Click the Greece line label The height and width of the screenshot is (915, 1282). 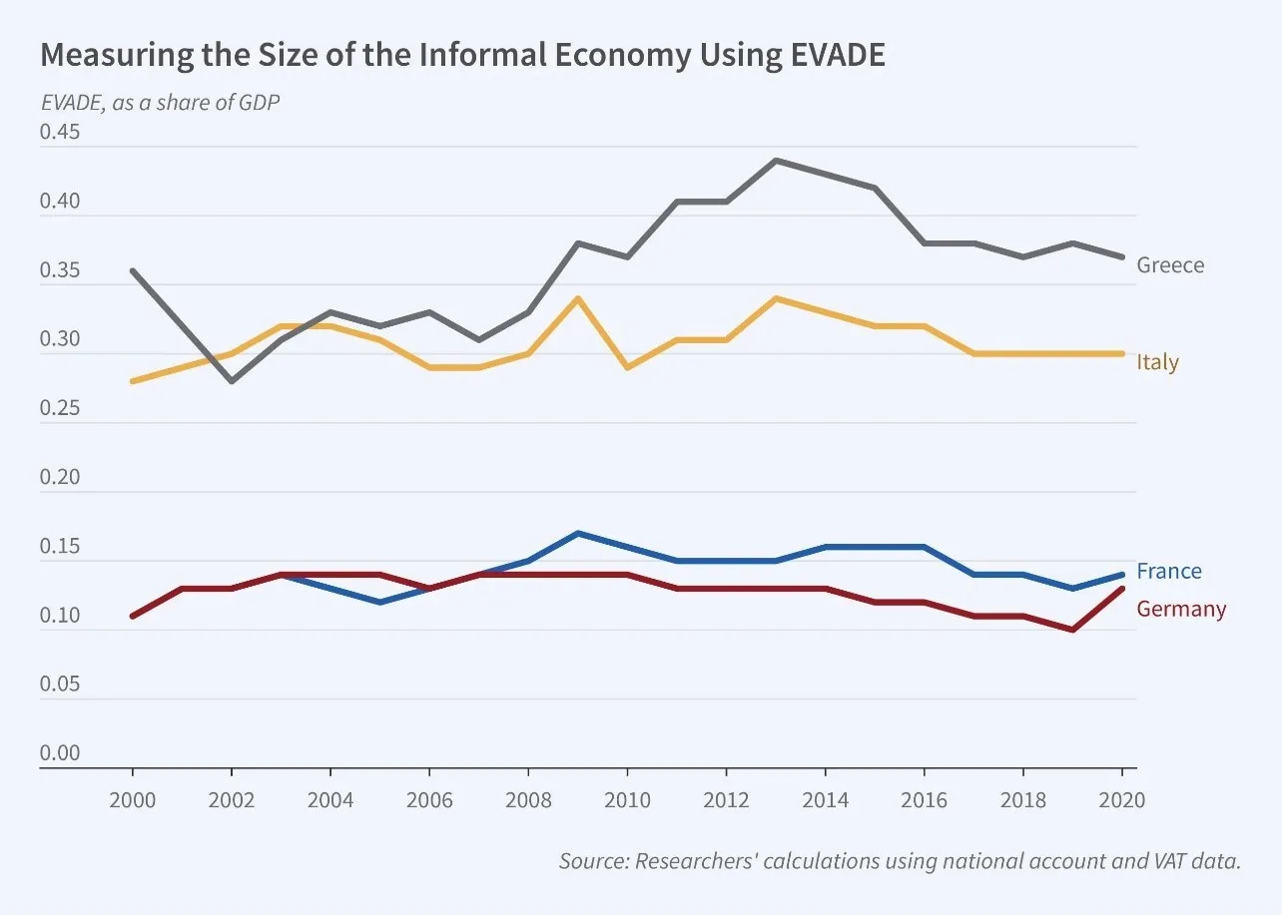click(x=1170, y=265)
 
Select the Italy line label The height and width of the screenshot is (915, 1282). click(x=1157, y=362)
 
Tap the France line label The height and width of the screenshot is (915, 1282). click(x=1168, y=572)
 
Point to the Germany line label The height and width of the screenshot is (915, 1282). click(x=1181, y=609)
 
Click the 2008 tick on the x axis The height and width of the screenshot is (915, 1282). click(x=527, y=800)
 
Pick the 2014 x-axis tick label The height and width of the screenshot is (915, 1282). click(x=825, y=800)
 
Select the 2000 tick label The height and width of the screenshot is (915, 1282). click(x=132, y=800)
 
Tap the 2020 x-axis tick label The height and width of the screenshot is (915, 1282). click(x=1122, y=800)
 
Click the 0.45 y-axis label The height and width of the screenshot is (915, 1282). click(x=59, y=133)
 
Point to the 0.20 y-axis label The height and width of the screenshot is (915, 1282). click(x=59, y=478)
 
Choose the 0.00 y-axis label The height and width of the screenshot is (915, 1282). click(x=59, y=753)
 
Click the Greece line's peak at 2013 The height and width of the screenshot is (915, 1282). click(x=776, y=160)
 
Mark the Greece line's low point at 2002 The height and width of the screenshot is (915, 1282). click(x=232, y=381)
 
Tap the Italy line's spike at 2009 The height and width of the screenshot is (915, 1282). click(x=577, y=298)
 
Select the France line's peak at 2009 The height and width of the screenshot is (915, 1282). click(x=577, y=533)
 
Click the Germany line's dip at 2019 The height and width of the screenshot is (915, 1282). click(x=1072, y=630)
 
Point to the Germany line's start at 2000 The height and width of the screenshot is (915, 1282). click(x=132, y=616)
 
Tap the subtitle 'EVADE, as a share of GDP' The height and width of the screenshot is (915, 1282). click(x=160, y=102)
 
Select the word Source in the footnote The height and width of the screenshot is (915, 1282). click(x=591, y=861)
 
